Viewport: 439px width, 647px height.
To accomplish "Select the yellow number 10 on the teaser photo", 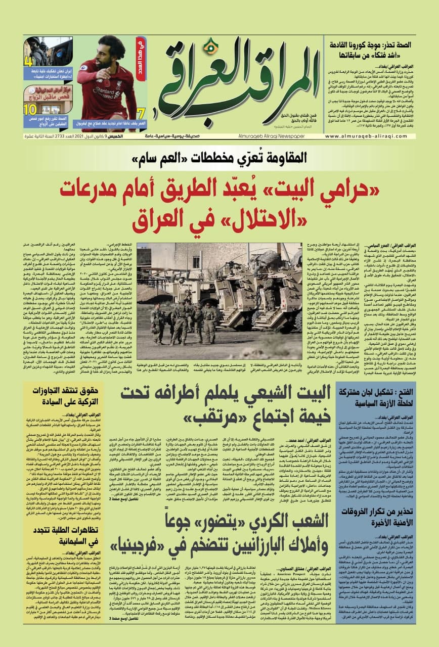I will [x=31, y=109].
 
